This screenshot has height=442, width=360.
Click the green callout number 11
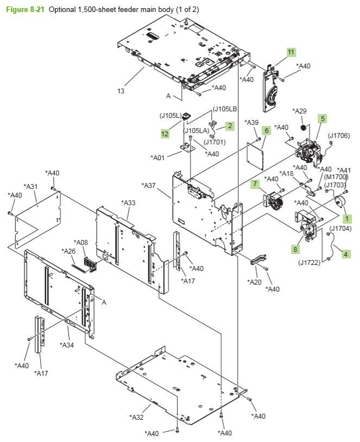coord(291,52)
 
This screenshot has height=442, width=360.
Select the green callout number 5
coord(323,118)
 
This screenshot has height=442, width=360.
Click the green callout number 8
coord(295,249)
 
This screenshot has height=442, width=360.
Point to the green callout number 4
coord(346,252)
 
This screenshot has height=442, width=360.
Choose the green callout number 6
coord(267,130)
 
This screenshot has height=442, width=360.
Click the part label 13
coord(121,91)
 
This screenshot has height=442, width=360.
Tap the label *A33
coord(129,203)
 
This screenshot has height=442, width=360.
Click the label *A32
coord(136,417)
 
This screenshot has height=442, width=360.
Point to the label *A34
coord(67,345)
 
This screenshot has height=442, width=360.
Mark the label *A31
coord(30,186)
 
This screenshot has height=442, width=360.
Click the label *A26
coord(69,251)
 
